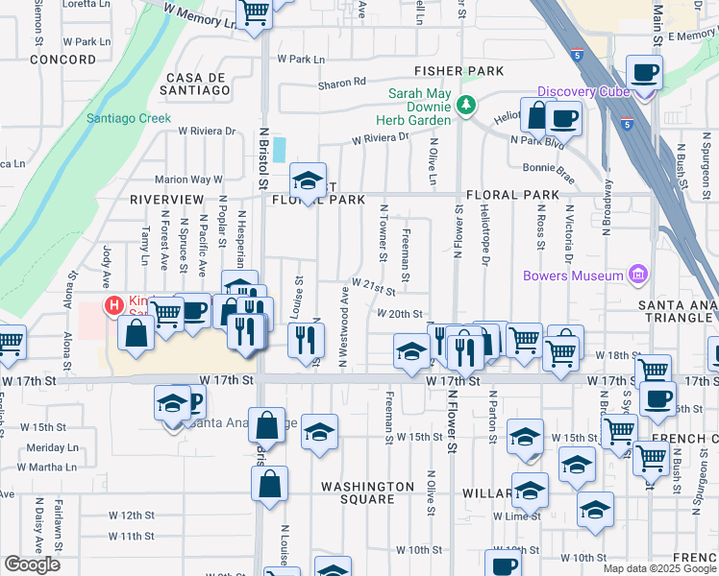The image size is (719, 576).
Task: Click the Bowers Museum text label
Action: tap(573, 276)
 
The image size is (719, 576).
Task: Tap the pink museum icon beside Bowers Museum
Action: tap(636, 276)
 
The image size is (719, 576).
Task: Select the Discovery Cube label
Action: tap(583, 91)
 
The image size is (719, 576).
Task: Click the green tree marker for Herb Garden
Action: tap(466, 104)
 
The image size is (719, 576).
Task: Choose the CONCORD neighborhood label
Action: tap(63, 60)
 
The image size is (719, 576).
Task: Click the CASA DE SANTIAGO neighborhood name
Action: tap(198, 84)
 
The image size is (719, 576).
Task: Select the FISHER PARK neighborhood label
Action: tap(459, 71)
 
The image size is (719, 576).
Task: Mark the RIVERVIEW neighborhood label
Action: tap(168, 199)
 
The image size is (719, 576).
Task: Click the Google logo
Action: tap(32, 564)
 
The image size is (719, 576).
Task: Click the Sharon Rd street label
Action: tap(344, 84)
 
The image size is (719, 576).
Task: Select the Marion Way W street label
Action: tap(188, 179)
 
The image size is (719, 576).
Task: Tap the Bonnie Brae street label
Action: tap(549, 167)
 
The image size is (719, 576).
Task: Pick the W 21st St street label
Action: tap(375, 285)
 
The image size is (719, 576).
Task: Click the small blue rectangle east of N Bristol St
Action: tap(279, 149)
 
